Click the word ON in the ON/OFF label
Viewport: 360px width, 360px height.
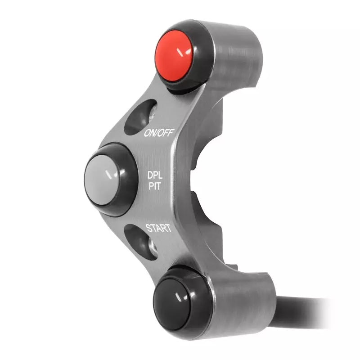(150, 133)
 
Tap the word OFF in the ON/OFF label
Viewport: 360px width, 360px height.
(166, 132)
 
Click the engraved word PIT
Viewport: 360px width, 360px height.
(156, 186)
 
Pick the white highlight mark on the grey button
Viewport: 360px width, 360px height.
(108, 173)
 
